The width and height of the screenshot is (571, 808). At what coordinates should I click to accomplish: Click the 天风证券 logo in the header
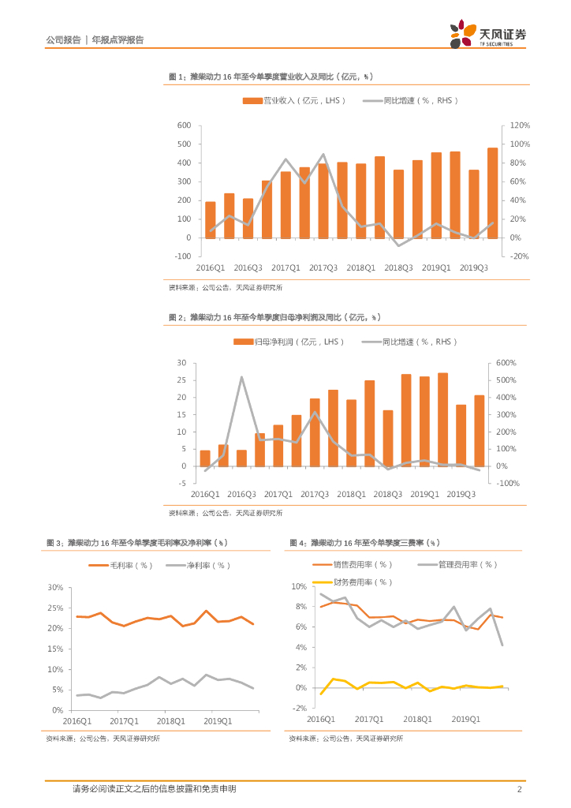(x=487, y=35)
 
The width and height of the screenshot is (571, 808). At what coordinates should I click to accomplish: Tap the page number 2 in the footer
(x=519, y=789)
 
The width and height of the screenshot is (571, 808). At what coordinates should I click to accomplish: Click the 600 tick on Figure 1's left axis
(x=184, y=125)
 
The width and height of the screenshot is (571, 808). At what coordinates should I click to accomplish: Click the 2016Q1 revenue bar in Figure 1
(x=211, y=219)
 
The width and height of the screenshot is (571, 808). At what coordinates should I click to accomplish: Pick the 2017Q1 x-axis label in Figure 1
(x=285, y=268)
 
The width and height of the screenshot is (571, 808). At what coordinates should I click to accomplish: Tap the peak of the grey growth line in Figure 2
(x=241, y=377)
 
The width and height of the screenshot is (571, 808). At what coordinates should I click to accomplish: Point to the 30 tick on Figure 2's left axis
(x=181, y=363)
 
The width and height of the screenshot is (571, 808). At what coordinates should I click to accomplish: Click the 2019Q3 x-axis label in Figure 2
(x=461, y=495)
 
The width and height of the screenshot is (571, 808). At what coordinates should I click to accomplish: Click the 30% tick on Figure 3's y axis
(x=55, y=588)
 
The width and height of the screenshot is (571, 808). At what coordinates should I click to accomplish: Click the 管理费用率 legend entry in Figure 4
(x=458, y=564)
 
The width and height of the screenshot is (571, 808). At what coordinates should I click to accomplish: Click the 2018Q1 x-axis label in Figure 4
(x=417, y=720)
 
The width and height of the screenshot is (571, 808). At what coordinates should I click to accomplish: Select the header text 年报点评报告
(x=118, y=39)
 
